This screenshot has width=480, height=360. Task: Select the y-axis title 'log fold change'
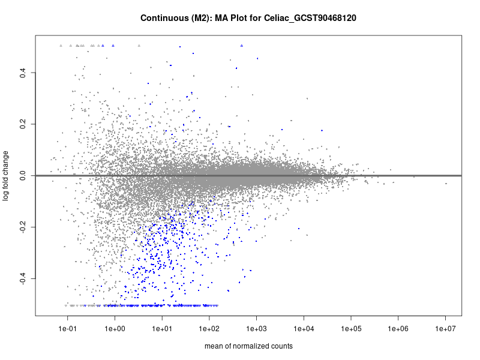(7, 175)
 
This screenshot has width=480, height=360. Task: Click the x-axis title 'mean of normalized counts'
(248, 346)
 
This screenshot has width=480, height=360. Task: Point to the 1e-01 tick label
(68, 329)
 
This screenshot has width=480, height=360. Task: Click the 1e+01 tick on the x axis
(162, 329)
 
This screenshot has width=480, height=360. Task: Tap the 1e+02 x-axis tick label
(209, 329)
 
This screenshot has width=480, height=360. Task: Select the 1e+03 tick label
(257, 329)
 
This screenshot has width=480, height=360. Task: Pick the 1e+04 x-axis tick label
(304, 329)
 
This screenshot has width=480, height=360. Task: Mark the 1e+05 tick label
(351, 329)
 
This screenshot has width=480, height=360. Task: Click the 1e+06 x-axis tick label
(398, 329)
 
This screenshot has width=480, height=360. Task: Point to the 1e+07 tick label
(446, 329)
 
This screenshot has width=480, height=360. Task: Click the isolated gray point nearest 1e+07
(446, 184)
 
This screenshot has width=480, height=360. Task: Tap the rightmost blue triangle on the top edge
(242, 46)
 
